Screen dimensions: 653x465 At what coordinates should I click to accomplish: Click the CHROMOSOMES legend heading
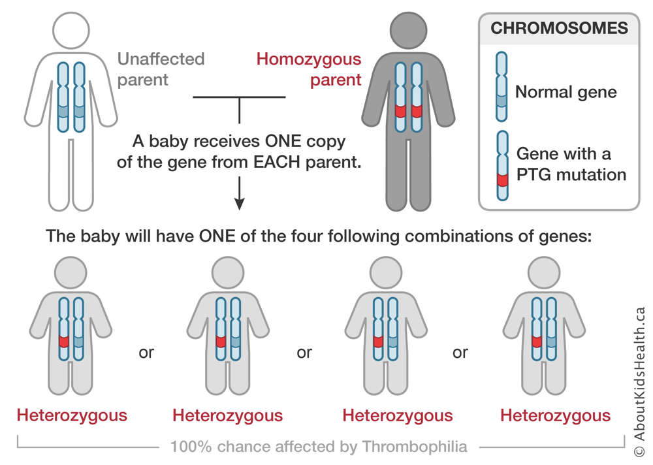tap(559, 28)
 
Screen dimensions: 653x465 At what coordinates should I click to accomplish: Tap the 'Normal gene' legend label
tap(566, 92)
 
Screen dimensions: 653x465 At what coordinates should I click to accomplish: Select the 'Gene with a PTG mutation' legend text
tap(571, 164)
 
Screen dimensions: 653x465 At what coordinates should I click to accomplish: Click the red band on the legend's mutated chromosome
tap(503, 180)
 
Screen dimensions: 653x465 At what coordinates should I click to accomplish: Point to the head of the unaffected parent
tap(71, 31)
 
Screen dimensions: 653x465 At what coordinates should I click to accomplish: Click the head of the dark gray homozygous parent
tap(409, 31)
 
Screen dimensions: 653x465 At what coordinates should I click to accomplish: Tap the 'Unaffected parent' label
tap(161, 69)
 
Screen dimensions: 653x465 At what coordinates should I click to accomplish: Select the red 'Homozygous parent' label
tap(309, 69)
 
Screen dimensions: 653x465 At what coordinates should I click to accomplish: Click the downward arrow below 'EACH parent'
tap(239, 193)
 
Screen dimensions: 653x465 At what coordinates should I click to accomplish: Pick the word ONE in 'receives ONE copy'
tap(283, 141)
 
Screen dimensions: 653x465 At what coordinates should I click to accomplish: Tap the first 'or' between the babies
tap(146, 353)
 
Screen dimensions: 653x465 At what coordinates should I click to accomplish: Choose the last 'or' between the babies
tap(460, 353)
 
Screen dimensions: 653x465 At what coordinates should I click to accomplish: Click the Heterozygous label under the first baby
tap(72, 415)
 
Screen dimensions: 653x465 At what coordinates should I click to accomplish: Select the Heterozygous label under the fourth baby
tap(556, 415)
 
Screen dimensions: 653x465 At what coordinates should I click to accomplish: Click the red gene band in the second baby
tap(221, 342)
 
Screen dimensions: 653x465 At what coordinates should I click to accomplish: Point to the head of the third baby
tap(386, 273)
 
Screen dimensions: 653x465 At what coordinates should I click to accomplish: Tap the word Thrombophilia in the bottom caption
tap(415, 447)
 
